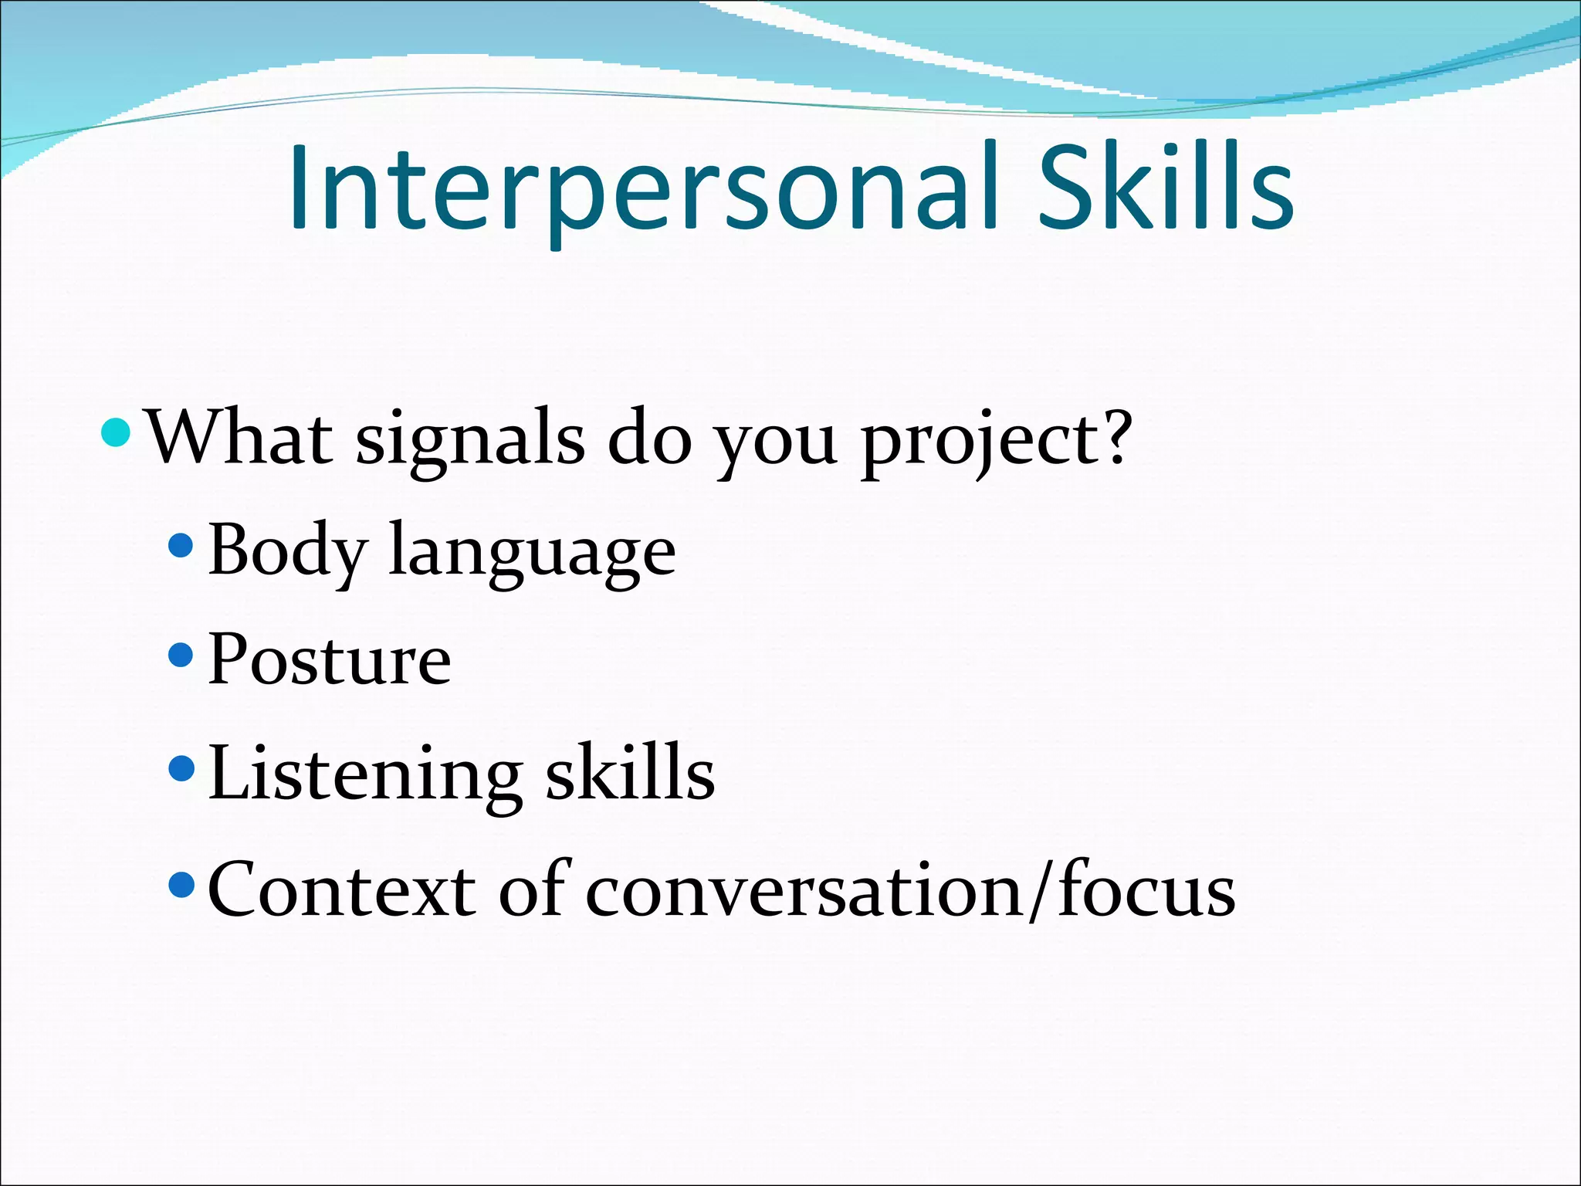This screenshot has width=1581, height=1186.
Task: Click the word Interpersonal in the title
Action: coord(645,189)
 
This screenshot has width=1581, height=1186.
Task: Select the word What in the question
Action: coord(240,439)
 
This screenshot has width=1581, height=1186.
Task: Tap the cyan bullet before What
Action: coord(117,432)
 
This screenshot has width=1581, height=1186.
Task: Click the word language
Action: coord(532,553)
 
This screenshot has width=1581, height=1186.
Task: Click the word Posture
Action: coord(330,659)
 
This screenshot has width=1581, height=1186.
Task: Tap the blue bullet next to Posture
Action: coord(180,656)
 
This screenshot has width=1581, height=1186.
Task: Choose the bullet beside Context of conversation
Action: coord(180,885)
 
